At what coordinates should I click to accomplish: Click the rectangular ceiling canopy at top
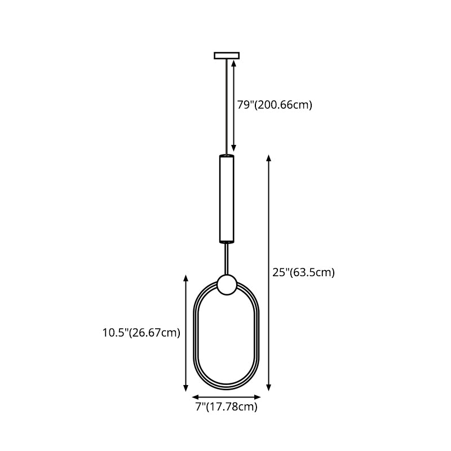[227, 55]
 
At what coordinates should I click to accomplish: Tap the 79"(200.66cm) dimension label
[275, 105]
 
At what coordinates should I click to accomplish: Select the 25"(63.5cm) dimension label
[303, 272]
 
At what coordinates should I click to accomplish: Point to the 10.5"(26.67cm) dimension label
[142, 333]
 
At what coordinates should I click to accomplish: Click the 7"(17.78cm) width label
[227, 406]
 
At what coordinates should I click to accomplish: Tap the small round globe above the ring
[227, 285]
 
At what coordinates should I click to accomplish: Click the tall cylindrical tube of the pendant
[227, 199]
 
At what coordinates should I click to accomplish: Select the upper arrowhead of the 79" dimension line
[234, 63]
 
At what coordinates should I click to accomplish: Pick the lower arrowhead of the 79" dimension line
[234, 148]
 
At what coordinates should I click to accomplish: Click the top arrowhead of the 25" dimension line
[269, 158]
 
